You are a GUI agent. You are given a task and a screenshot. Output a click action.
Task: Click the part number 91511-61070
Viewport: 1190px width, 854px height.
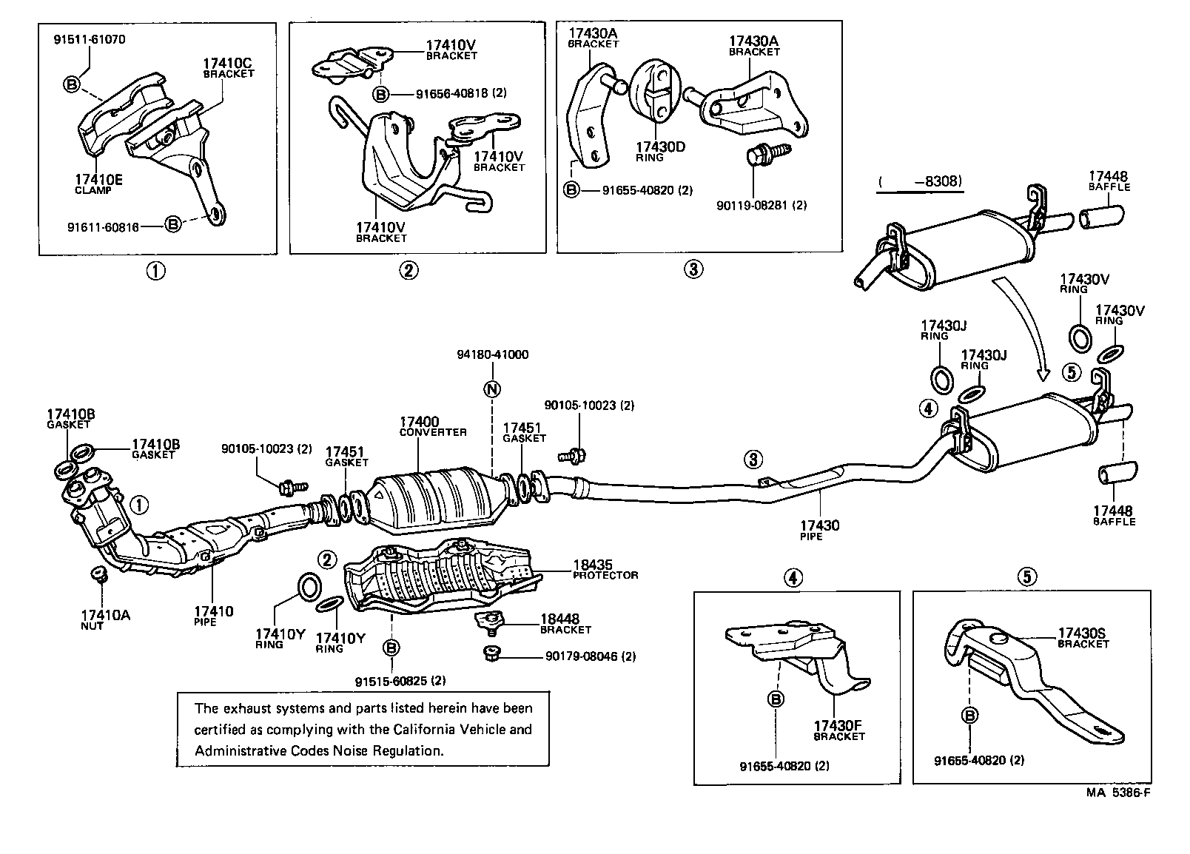click(x=90, y=40)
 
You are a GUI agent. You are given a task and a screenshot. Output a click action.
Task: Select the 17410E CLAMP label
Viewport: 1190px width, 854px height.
click(x=98, y=184)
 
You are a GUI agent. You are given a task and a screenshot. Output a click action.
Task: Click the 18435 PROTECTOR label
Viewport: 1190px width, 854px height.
click(x=603, y=569)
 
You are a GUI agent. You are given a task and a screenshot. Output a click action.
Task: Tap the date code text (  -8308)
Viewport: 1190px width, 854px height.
click(x=919, y=181)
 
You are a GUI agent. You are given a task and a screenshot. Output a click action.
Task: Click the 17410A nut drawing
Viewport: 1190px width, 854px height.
click(x=96, y=574)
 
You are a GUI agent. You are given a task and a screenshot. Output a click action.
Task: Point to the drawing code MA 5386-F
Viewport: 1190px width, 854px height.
click(x=1117, y=793)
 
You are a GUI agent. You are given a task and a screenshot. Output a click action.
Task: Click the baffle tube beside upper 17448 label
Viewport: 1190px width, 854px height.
click(x=1102, y=217)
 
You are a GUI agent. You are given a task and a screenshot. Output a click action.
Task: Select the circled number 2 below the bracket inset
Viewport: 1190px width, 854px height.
click(x=409, y=270)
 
